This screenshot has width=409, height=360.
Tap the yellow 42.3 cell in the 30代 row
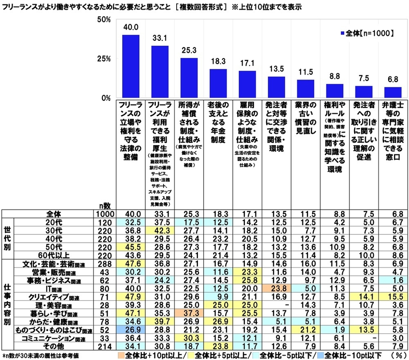pyautogui.click(x=160, y=230)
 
